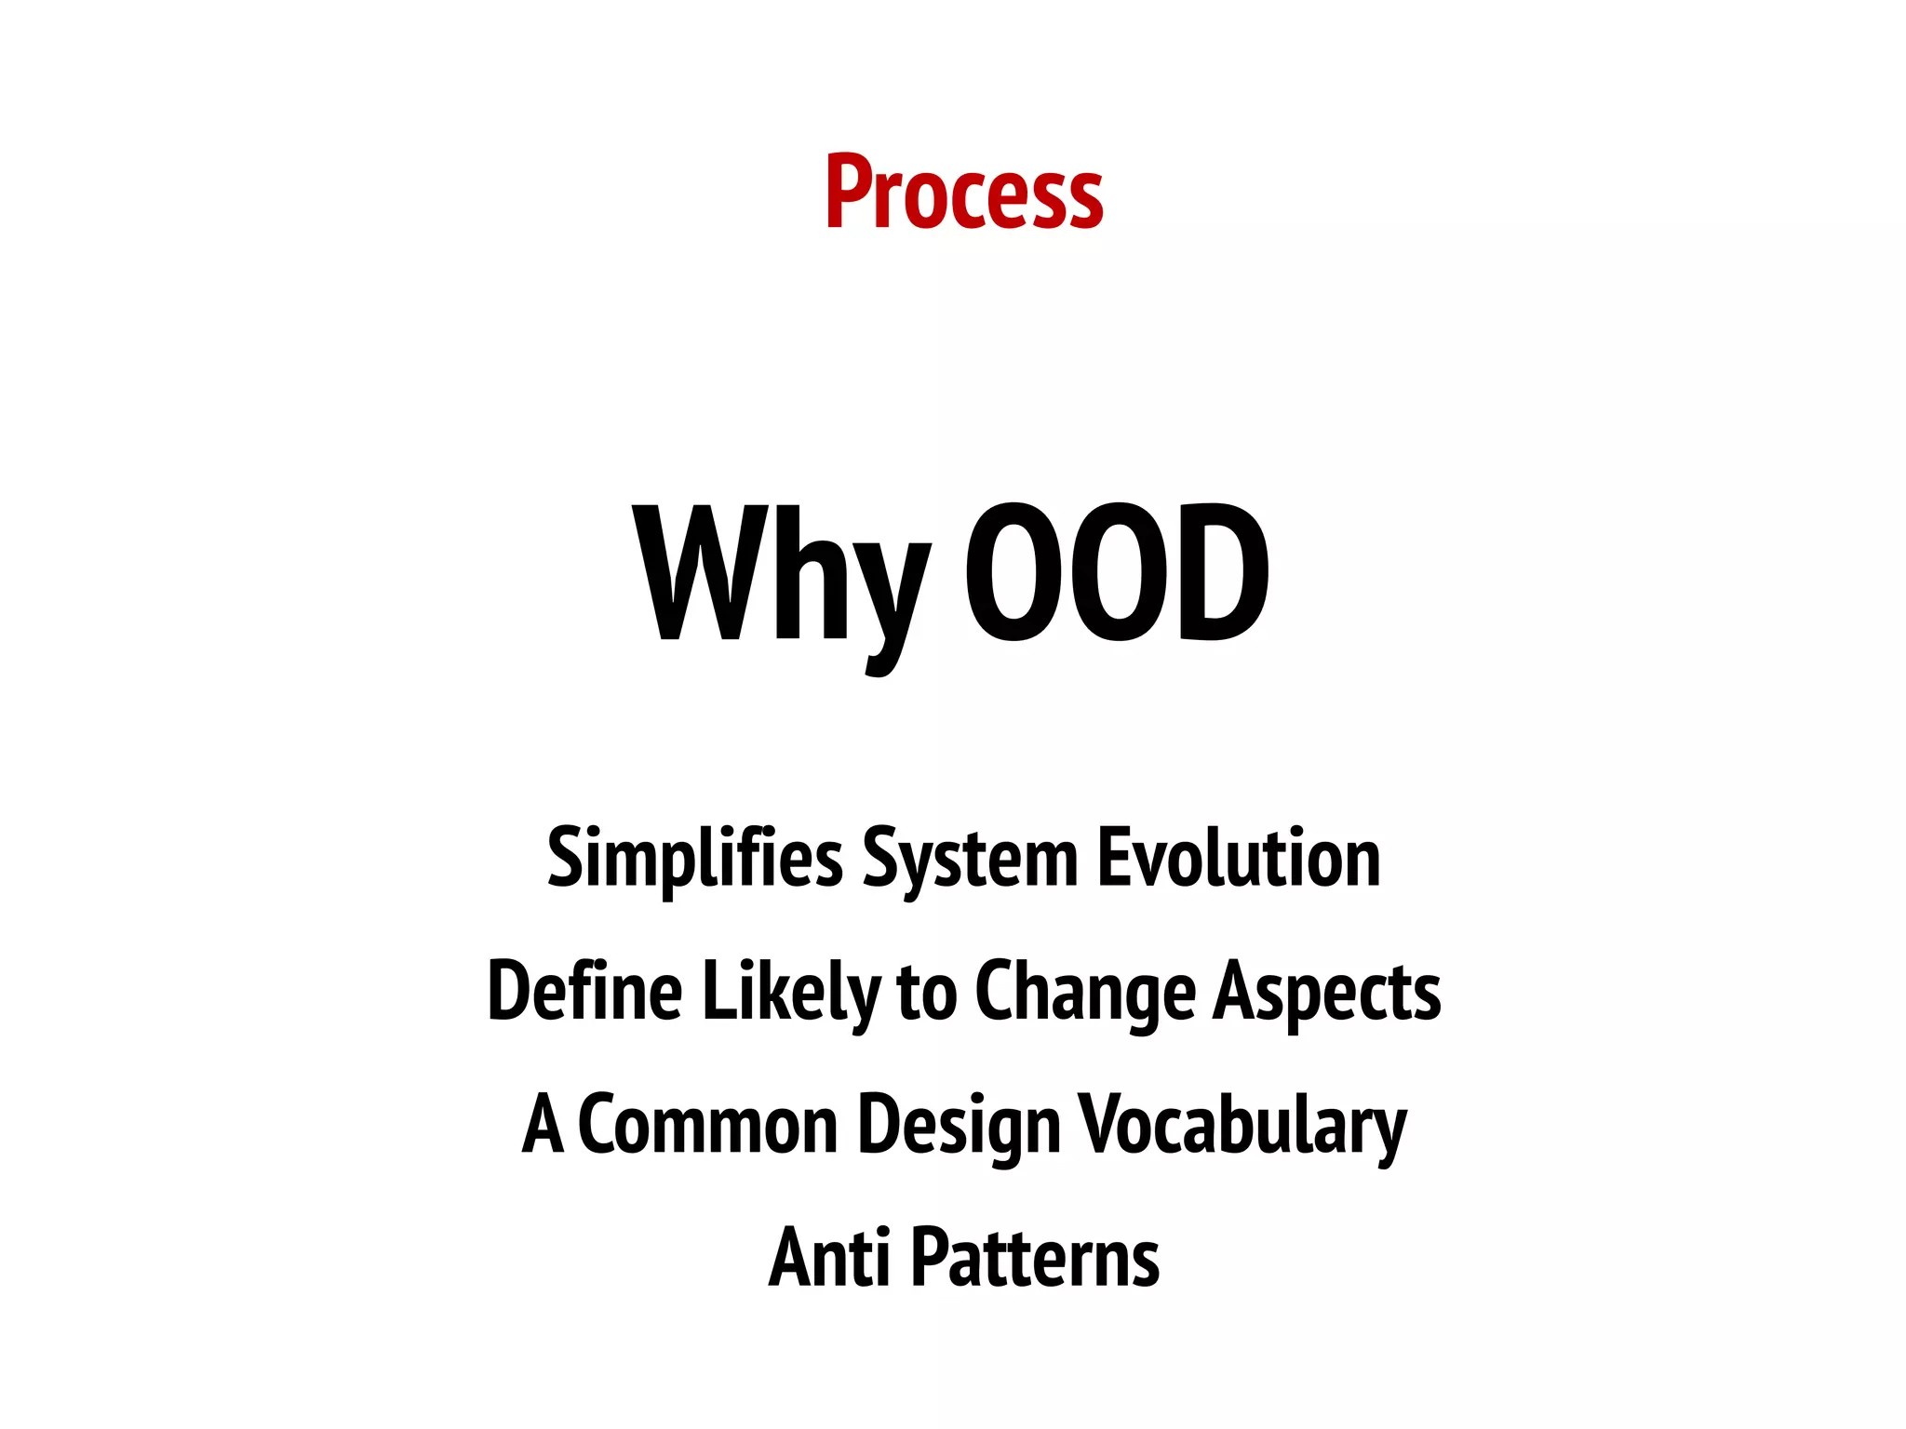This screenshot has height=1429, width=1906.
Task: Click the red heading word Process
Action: (964, 193)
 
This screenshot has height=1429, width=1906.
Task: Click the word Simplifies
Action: (694, 859)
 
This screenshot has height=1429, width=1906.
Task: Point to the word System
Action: (970, 861)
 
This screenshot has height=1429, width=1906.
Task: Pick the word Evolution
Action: (1239, 857)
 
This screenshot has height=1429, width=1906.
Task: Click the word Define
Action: (584, 992)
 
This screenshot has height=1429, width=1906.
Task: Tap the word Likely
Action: (790, 994)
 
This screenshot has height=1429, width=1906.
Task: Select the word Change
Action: (1085, 994)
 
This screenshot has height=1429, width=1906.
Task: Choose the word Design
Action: (959, 1127)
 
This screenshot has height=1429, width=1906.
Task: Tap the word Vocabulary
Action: (1242, 1127)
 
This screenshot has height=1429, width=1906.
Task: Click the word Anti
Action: (827, 1258)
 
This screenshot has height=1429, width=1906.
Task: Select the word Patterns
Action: (1034, 1258)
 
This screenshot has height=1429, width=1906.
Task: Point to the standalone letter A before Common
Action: (543, 1124)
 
